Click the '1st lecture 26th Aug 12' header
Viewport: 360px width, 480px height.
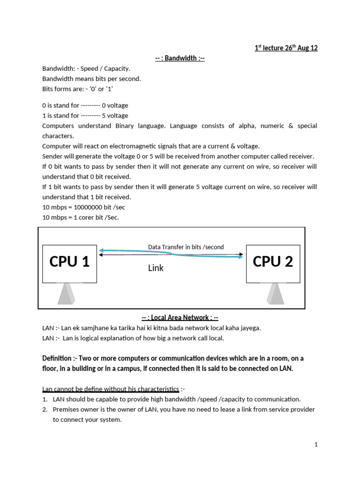(x=286, y=48)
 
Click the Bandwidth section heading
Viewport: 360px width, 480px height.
(x=180, y=59)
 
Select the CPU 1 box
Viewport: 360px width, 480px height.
(x=69, y=262)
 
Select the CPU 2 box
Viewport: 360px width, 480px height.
(x=273, y=262)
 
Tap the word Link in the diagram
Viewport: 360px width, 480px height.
(x=156, y=269)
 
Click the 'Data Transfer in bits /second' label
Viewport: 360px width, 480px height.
(x=186, y=247)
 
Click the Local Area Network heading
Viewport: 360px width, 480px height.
(x=180, y=318)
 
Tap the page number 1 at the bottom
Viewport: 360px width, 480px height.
(x=316, y=445)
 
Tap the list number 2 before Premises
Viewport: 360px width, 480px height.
(x=45, y=410)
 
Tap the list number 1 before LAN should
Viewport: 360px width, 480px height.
(x=45, y=399)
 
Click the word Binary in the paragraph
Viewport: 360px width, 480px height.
(x=140, y=126)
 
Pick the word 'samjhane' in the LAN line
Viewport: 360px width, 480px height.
(x=87, y=328)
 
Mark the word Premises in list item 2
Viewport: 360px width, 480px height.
(x=67, y=410)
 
